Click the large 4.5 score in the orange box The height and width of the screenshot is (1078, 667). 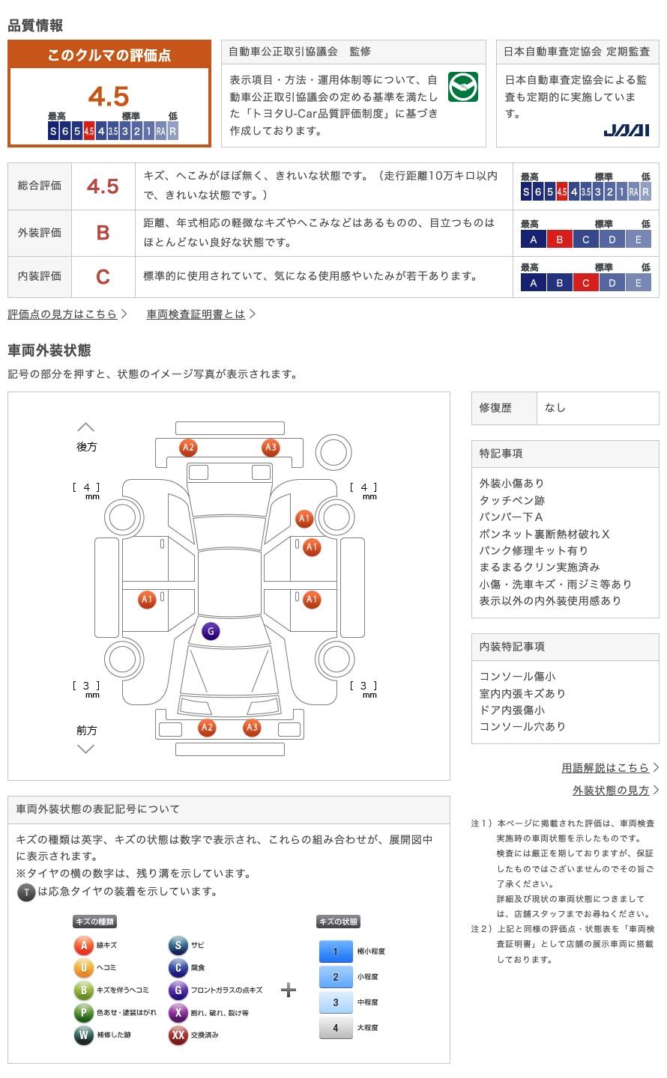tap(109, 97)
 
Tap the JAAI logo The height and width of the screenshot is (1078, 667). tap(626, 130)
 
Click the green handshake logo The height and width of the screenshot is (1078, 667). tap(462, 87)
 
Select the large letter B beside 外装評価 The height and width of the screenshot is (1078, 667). tap(103, 233)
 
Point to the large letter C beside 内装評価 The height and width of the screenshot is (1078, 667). tap(103, 277)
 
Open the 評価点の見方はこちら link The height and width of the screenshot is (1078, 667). tap(63, 314)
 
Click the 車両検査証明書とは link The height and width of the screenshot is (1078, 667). tap(196, 314)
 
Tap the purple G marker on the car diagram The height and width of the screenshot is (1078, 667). tap(211, 631)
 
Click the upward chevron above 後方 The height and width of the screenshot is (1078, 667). tap(86, 427)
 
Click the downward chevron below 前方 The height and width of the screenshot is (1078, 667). tap(86, 749)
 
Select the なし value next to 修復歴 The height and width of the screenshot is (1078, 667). tap(555, 408)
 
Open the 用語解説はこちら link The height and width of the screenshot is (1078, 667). tap(606, 768)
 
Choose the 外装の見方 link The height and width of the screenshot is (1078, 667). tap(611, 791)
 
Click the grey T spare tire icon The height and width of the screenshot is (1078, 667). tap(26, 892)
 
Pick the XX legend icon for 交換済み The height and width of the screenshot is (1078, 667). tap(178, 1035)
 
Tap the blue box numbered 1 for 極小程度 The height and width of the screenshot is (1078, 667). tap(336, 951)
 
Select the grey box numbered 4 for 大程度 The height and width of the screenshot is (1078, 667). tap(336, 1028)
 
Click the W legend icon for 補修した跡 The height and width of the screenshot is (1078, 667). tap(83, 1035)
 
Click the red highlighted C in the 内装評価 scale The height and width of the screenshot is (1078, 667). tap(585, 283)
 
